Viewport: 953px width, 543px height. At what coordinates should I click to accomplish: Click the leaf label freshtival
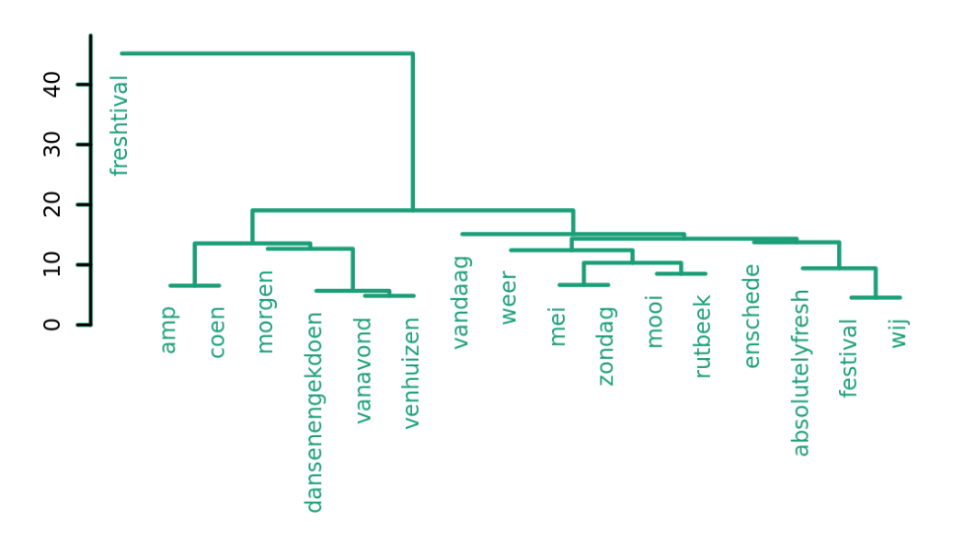tap(120, 125)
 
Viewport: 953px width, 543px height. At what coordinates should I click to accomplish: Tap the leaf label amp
tap(168, 329)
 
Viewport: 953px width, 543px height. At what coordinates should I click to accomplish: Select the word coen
tap(218, 332)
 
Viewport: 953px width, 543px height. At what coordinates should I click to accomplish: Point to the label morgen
tap(266, 311)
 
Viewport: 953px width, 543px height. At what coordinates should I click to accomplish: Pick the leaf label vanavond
tap(363, 370)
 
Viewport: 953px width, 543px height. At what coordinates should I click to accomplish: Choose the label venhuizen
tap(411, 373)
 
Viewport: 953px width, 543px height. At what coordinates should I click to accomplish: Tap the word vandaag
tap(462, 302)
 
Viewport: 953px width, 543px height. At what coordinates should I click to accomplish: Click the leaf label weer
tap(510, 297)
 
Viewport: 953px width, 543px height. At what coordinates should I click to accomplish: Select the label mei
tap(557, 327)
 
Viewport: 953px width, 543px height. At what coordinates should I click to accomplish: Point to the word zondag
tap(606, 345)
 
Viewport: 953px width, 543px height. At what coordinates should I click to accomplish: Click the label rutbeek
tap(704, 336)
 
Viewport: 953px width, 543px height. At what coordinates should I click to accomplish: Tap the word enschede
tap(752, 316)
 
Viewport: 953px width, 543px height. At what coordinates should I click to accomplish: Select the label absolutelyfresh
tap(801, 373)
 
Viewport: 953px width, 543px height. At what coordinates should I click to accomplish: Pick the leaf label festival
tap(849, 357)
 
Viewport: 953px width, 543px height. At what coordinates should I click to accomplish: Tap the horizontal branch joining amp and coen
tap(194, 285)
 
